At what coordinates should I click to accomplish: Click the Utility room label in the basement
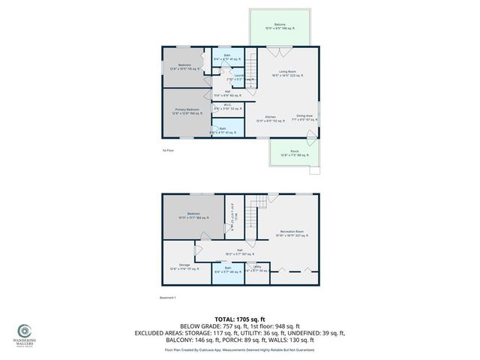coord(257,268)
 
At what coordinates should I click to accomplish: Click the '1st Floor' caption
coord(168,150)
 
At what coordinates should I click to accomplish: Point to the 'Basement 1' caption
coord(169,298)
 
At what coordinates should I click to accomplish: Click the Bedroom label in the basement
coord(193,214)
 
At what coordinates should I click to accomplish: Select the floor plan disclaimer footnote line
coord(239,349)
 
